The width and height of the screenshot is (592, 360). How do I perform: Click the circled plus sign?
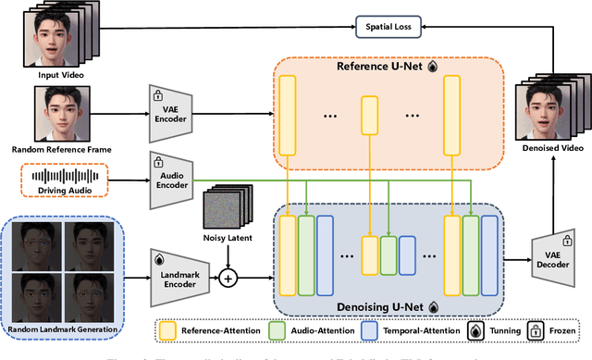click(227, 275)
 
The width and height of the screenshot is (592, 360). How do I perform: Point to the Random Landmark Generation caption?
click(63, 329)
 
